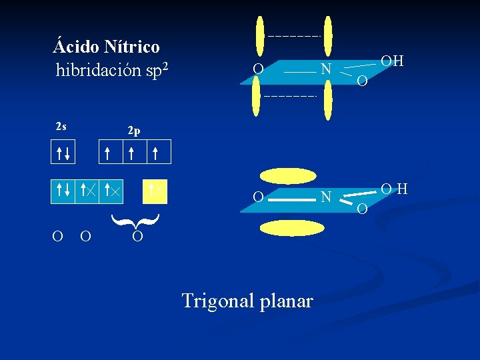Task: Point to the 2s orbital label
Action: click(x=61, y=126)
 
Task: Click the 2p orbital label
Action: click(x=135, y=131)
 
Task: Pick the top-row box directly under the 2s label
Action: click(x=64, y=152)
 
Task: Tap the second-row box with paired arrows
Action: click(x=64, y=191)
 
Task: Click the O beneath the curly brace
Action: click(x=136, y=237)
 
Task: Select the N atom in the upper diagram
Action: click(x=325, y=68)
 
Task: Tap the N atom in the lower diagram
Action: click(x=325, y=197)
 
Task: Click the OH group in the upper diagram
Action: click(x=393, y=61)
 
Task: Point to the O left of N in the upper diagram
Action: click(x=258, y=68)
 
